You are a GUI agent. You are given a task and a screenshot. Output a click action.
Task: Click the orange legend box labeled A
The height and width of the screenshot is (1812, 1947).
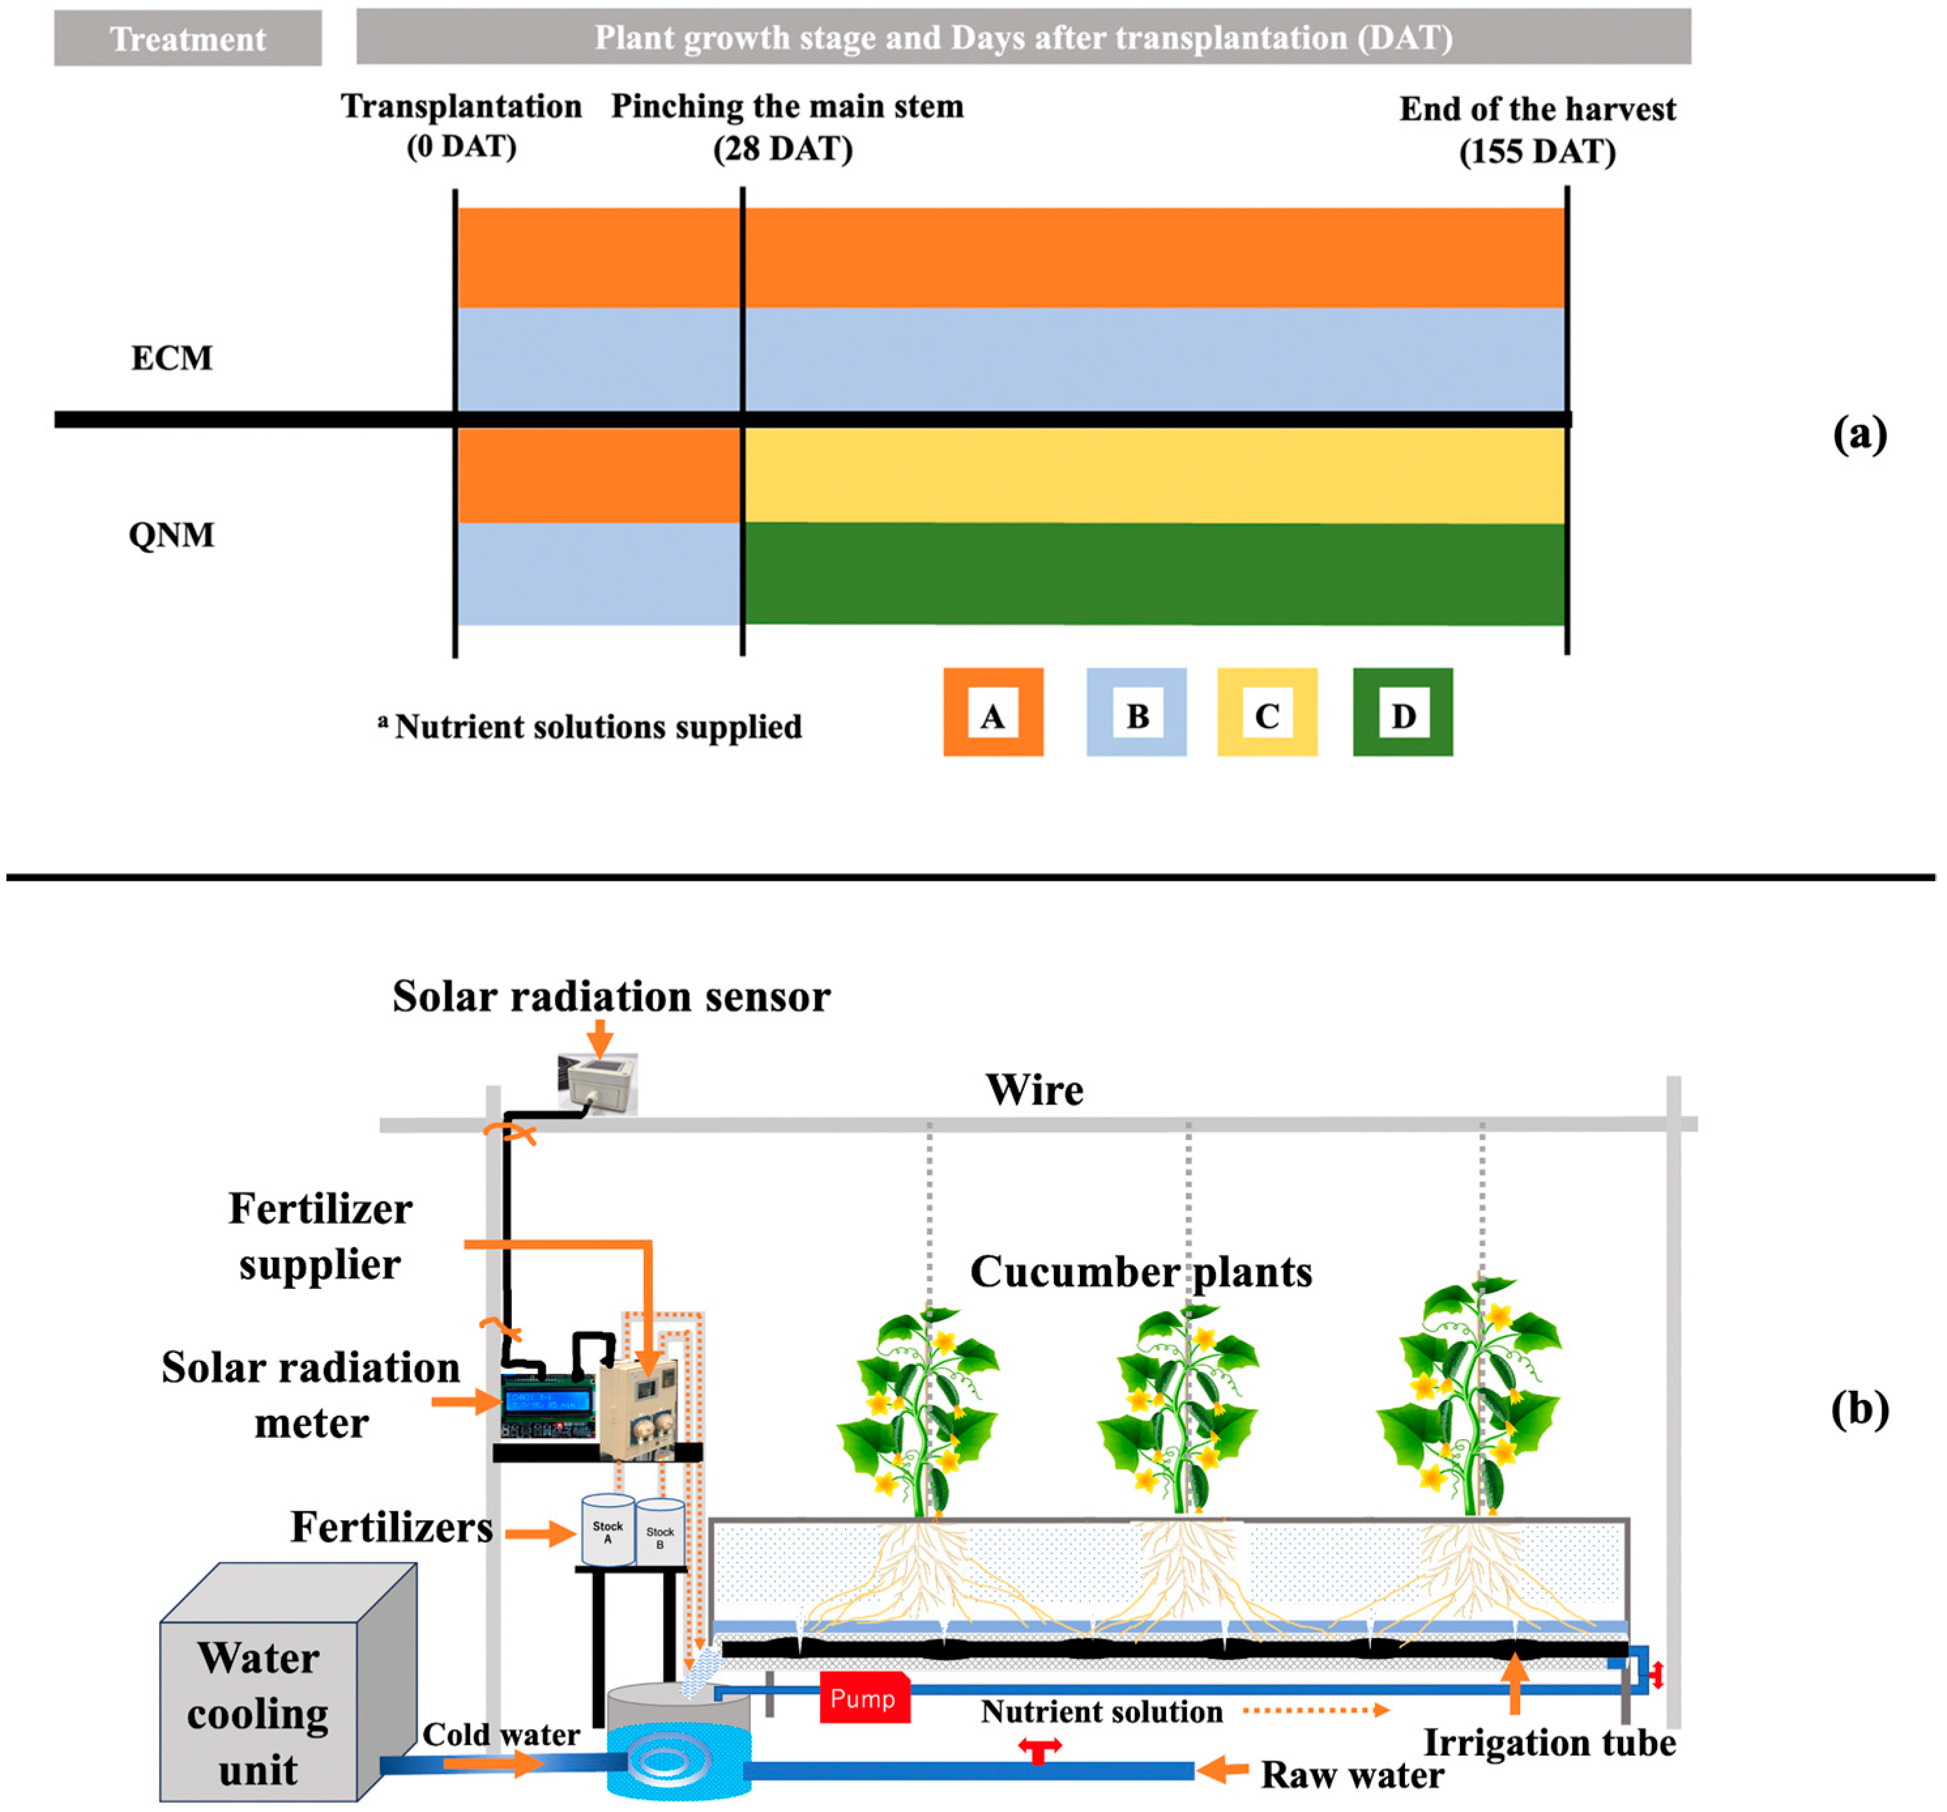click(x=992, y=712)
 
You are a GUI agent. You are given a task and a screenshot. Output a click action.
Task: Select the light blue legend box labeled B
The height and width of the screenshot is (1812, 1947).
click(x=1136, y=712)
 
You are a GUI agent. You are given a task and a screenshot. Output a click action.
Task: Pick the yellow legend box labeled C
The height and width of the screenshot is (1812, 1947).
click(x=1267, y=712)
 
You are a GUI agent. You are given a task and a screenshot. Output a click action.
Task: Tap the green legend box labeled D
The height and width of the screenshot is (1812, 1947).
click(x=1402, y=712)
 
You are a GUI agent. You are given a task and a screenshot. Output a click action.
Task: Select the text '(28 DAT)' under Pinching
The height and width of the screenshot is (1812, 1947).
click(x=782, y=149)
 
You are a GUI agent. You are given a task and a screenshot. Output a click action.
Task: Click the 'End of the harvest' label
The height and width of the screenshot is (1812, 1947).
click(x=1537, y=108)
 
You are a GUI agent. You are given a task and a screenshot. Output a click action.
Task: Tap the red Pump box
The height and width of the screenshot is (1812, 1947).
click(x=864, y=1698)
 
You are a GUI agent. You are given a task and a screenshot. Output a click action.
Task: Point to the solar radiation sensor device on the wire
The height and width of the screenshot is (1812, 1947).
click(x=597, y=1083)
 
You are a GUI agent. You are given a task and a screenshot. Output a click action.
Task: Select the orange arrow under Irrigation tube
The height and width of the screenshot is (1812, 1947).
click(x=1514, y=1682)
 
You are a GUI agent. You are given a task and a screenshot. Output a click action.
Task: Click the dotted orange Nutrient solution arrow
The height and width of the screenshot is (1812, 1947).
click(x=1314, y=1710)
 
